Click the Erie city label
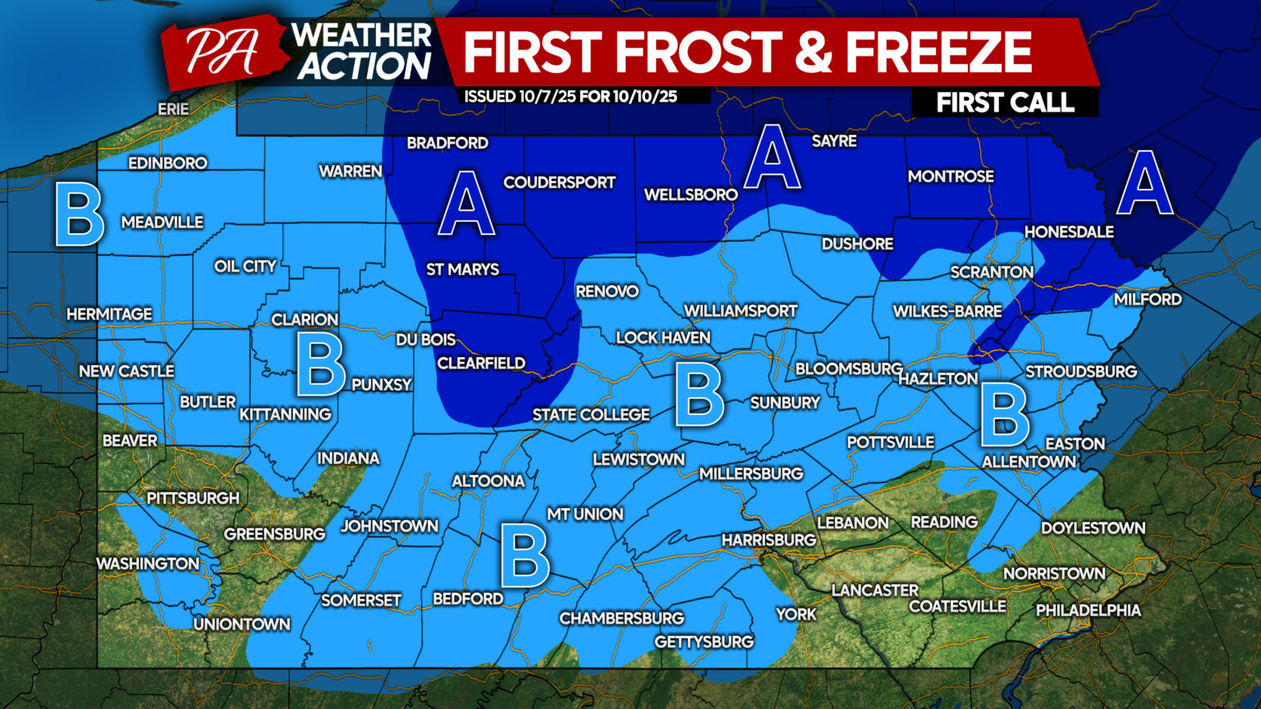point(173,109)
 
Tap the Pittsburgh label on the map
point(193,498)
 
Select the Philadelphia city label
point(1088,611)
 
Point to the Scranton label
point(992,272)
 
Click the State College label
point(591,415)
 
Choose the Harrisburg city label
point(768,540)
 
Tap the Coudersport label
point(559,182)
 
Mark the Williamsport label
point(741,311)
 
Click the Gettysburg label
point(704,642)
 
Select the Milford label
point(1147,300)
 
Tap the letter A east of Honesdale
point(1144,183)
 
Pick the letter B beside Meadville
point(79,215)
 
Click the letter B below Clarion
point(320,367)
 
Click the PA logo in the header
point(220,52)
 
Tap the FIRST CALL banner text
point(1005,103)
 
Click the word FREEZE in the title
point(938,52)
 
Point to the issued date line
point(571,97)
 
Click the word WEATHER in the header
point(361,34)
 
